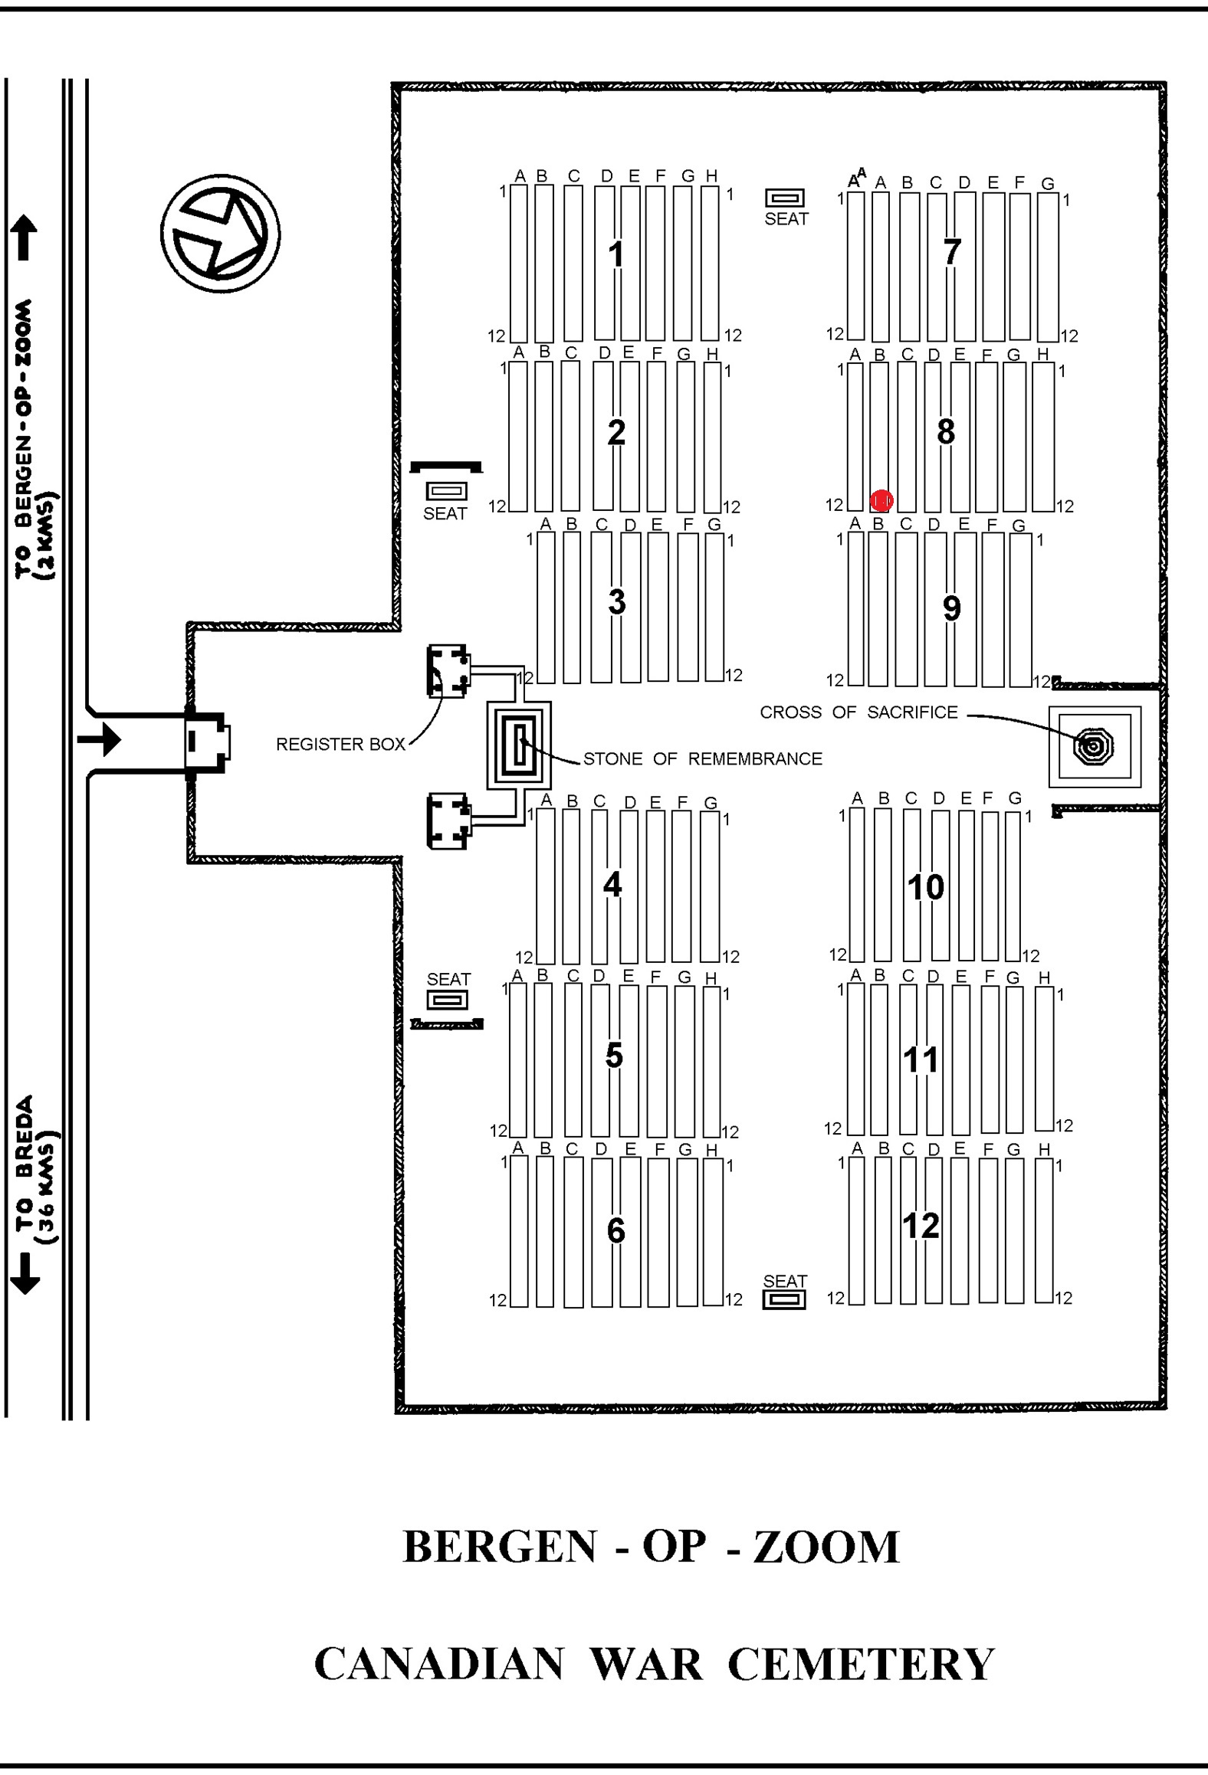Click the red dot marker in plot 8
(x=881, y=501)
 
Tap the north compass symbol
(x=220, y=234)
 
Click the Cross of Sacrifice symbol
(x=1094, y=745)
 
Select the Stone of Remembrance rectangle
(x=519, y=745)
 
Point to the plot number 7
(x=952, y=251)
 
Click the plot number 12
(x=921, y=1225)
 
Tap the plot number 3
(x=617, y=601)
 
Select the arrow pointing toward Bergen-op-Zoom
(x=25, y=237)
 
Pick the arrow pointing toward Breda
(x=25, y=1273)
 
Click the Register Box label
(x=340, y=744)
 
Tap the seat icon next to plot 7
(x=785, y=198)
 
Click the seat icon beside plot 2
(x=446, y=490)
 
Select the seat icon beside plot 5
(x=447, y=1000)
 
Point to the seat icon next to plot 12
(x=784, y=1299)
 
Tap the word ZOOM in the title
(x=826, y=1547)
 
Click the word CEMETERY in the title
(x=861, y=1664)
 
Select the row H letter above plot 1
(x=711, y=175)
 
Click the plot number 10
(x=926, y=887)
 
